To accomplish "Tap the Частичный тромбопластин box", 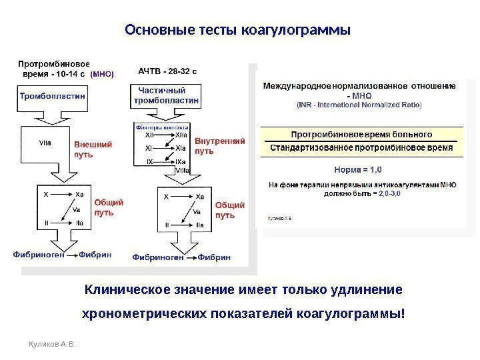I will point(167,95).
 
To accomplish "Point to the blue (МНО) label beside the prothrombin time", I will point(101,75).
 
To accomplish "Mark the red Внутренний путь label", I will point(219,146).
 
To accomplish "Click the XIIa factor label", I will point(181,135).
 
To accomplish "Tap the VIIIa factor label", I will point(182,171).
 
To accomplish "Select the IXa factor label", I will point(181,162).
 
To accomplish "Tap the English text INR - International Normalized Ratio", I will point(359,105).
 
